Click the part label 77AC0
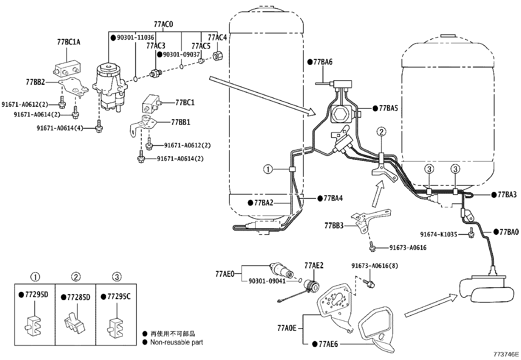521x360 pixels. point(163,24)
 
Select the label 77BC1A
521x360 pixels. point(68,42)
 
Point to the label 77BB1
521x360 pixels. point(180,122)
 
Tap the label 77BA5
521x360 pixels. point(388,108)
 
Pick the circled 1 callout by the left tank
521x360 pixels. point(268,169)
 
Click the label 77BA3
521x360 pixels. point(507,195)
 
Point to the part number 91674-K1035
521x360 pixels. point(439,235)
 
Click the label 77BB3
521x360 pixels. point(334,225)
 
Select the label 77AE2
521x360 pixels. point(314,265)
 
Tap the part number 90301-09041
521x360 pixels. point(267,281)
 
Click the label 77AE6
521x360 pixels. point(328,344)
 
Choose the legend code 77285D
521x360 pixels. point(78,297)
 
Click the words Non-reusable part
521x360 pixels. point(177,342)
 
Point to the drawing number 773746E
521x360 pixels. point(506,354)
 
